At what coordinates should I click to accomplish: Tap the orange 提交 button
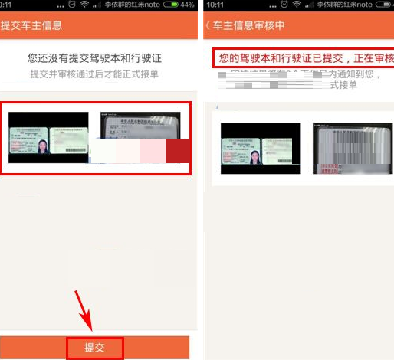tap(94, 347)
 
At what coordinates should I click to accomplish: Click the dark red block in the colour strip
tap(178, 151)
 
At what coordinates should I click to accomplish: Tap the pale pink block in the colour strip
tap(152, 151)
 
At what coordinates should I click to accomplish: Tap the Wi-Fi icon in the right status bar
tap(297, 5)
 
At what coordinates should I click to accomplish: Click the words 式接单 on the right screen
tap(343, 85)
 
